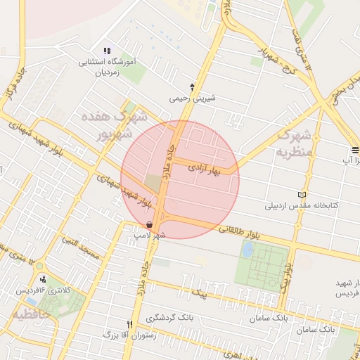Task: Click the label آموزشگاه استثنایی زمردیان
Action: [x=109, y=67]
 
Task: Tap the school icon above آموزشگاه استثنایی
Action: [x=107, y=51]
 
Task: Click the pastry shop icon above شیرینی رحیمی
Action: [x=192, y=85]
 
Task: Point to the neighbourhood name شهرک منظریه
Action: [x=293, y=142]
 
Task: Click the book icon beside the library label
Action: [x=302, y=194]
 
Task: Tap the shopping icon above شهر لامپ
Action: [x=149, y=224]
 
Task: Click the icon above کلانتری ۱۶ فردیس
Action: [x=43, y=278]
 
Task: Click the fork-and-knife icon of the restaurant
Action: [x=129, y=324]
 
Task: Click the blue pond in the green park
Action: [x=247, y=249]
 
